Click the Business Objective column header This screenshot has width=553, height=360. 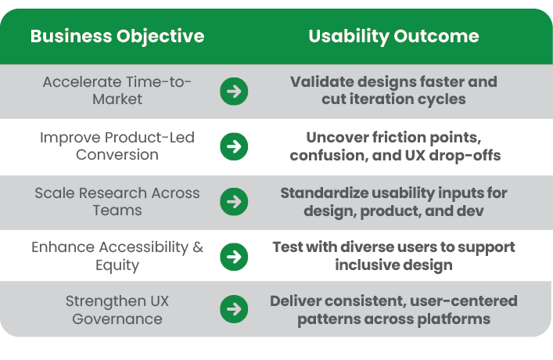coord(117,37)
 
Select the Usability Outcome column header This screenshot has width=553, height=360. coord(393,37)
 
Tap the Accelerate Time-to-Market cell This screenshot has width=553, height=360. coord(117,90)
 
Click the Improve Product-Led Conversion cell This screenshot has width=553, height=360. coord(117,146)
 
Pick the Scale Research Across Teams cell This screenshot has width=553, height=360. coord(117,202)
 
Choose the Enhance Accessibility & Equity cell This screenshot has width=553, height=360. coord(117,256)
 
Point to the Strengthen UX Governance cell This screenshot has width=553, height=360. coord(117,310)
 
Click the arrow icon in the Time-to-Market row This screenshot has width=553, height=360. coord(234,91)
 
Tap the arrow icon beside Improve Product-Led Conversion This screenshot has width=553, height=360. coord(234,146)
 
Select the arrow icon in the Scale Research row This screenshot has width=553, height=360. coord(234,202)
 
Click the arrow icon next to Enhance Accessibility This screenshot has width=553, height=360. coord(234,257)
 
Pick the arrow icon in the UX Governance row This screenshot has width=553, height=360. coord(234,309)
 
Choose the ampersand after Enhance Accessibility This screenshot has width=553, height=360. coord(198,247)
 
